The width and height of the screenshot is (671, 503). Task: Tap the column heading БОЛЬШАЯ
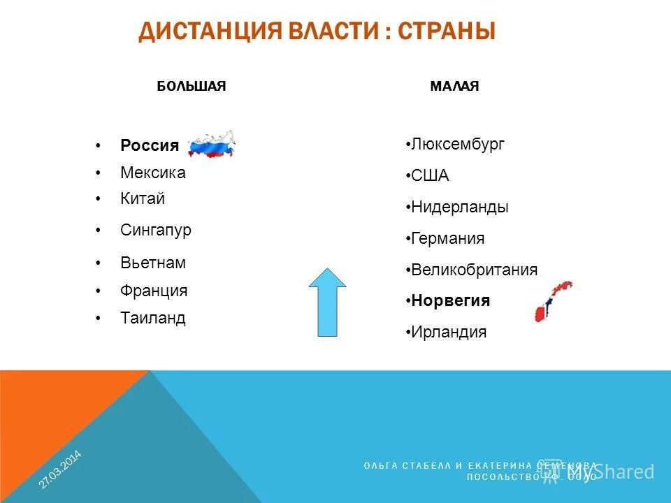click(x=191, y=86)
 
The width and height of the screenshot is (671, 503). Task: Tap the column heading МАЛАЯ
click(x=454, y=86)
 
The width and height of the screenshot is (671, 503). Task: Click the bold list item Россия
click(x=150, y=145)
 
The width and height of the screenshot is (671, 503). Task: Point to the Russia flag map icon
click(x=212, y=144)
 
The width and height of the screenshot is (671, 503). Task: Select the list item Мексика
click(x=153, y=172)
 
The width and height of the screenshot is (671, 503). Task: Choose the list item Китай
click(x=143, y=198)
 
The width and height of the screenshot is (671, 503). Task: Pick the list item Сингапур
click(x=156, y=230)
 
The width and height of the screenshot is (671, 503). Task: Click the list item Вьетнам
click(x=153, y=263)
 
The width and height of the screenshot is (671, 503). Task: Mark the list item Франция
click(x=154, y=291)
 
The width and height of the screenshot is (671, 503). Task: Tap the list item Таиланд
click(x=153, y=318)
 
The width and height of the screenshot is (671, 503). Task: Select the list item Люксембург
click(x=457, y=145)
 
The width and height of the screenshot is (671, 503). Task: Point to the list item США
click(x=430, y=176)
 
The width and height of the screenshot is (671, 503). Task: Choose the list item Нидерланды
click(x=459, y=207)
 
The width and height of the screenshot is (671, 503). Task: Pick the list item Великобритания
click(x=474, y=270)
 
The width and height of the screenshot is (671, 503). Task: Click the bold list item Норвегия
click(x=450, y=300)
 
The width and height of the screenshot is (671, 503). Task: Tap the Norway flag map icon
click(x=552, y=300)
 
